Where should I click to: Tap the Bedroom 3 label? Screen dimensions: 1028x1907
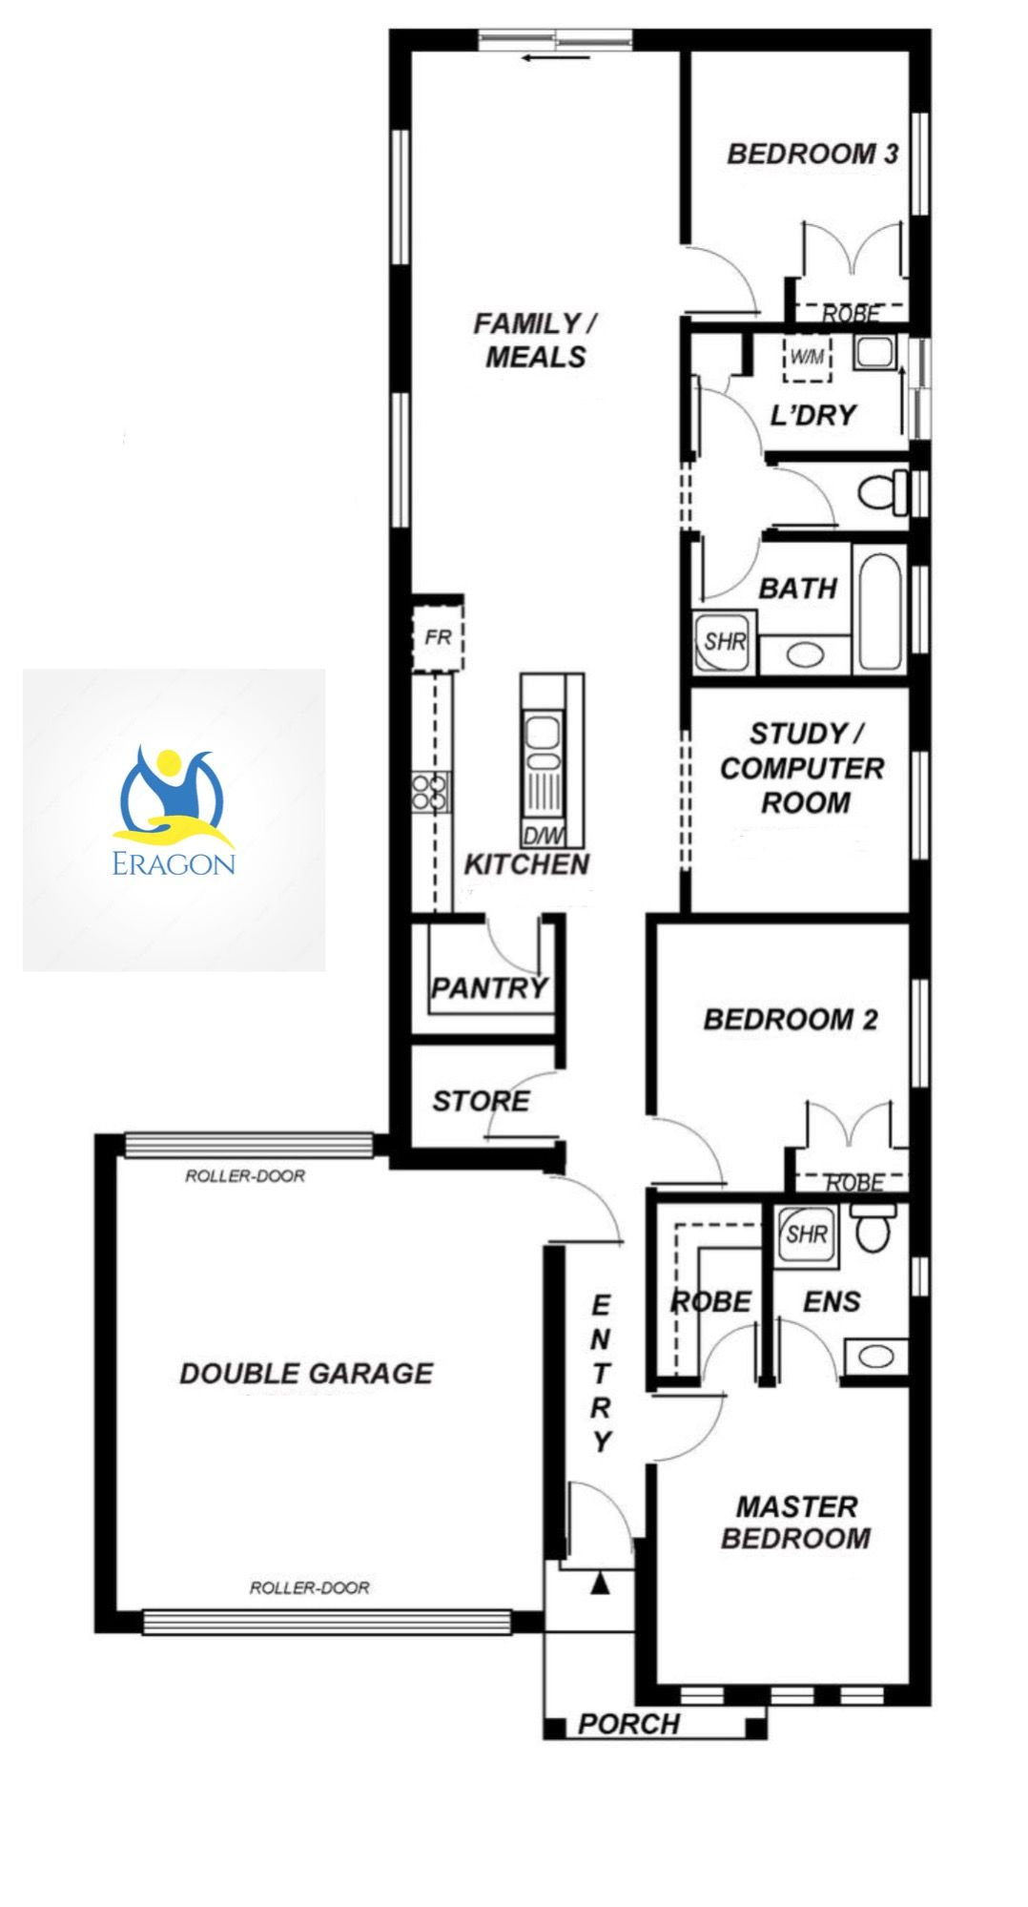[812, 154]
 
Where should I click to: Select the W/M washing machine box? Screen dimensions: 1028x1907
[807, 359]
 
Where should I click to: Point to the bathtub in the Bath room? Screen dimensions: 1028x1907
[879, 607]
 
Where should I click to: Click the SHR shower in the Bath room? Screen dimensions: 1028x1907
[726, 640]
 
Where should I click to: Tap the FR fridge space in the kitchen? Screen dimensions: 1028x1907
[438, 635]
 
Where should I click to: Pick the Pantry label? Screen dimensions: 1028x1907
[489, 986]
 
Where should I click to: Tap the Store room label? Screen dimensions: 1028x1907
[481, 1101]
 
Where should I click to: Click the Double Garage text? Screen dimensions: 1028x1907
[306, 1373]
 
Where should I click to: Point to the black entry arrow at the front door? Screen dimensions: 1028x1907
[600, 1585]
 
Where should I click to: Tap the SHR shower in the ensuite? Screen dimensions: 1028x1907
[806, 1233]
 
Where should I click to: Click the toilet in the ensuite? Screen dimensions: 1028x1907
[872, 1227]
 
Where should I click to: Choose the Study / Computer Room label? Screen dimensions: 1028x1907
[802, 768]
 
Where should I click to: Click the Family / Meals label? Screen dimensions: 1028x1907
[535, 340]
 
